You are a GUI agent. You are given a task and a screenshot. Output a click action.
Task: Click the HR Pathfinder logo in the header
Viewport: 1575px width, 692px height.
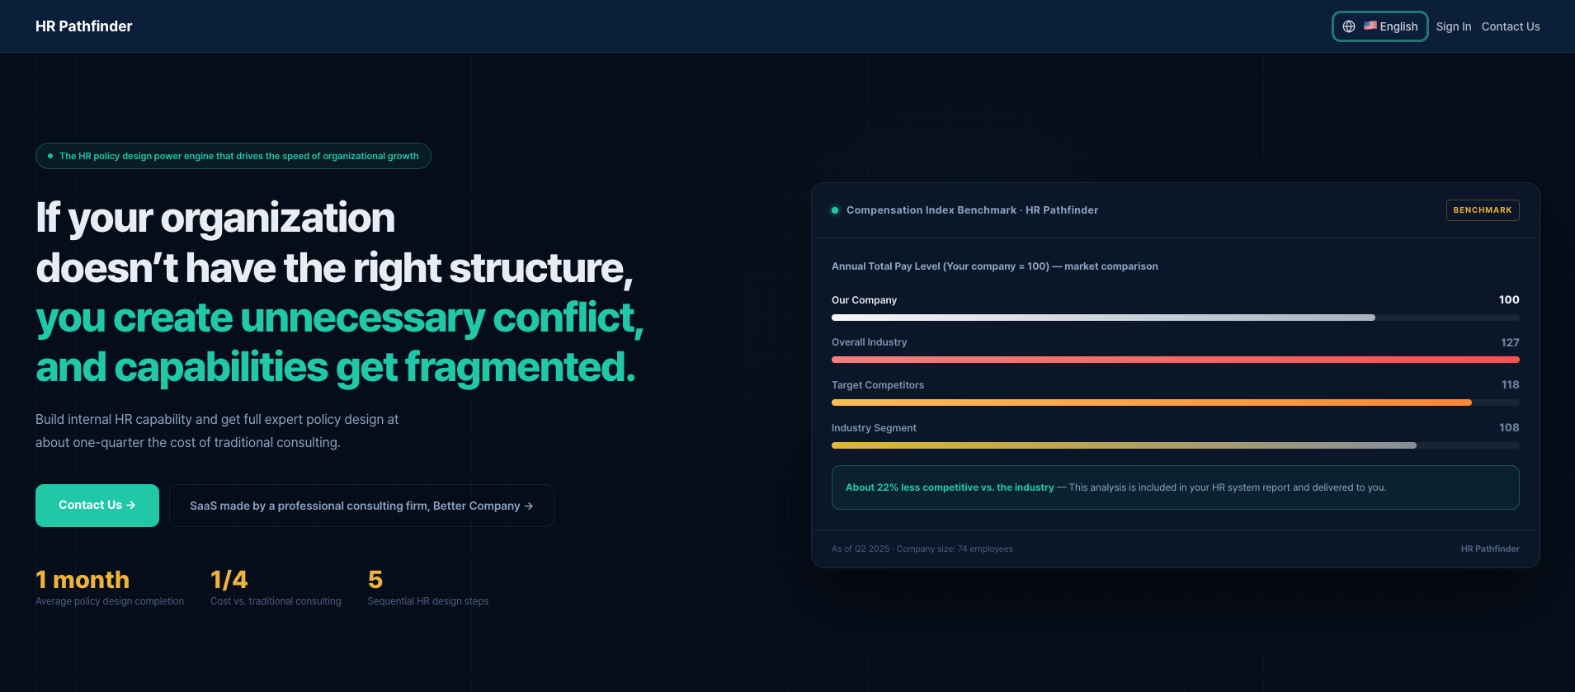83,26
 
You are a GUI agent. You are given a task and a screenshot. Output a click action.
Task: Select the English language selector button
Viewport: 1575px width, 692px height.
1380,26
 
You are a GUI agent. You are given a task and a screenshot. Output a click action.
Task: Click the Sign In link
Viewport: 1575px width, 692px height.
1453,26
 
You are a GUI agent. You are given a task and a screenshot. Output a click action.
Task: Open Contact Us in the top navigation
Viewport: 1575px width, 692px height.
1511,26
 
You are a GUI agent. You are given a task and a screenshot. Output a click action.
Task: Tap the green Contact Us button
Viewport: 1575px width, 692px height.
97,506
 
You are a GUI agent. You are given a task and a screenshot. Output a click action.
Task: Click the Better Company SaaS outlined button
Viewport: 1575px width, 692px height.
361,506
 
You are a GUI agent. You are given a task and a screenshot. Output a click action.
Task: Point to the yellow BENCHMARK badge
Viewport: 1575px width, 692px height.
1483,210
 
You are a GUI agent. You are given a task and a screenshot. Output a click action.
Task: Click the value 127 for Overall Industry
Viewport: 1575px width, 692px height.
1510,342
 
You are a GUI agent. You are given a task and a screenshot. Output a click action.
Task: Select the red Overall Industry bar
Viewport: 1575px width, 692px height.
1176,360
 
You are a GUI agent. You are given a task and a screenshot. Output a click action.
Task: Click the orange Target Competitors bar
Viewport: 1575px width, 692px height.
1152,402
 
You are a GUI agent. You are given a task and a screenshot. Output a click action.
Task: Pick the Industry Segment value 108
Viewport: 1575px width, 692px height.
1509,427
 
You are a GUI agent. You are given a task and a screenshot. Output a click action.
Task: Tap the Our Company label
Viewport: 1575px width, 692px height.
864,300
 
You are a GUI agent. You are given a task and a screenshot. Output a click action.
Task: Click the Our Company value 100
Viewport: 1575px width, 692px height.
1509,299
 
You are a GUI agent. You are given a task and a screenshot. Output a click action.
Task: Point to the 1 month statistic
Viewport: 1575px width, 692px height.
83,580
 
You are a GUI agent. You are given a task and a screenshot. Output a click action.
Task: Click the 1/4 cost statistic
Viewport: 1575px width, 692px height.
229,580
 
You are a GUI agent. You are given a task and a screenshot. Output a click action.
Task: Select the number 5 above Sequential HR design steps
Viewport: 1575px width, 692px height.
375,580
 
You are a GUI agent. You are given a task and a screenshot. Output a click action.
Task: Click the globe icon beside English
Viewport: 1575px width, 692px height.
1349,26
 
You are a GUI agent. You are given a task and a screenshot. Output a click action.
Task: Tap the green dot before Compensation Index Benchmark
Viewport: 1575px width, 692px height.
835,210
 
